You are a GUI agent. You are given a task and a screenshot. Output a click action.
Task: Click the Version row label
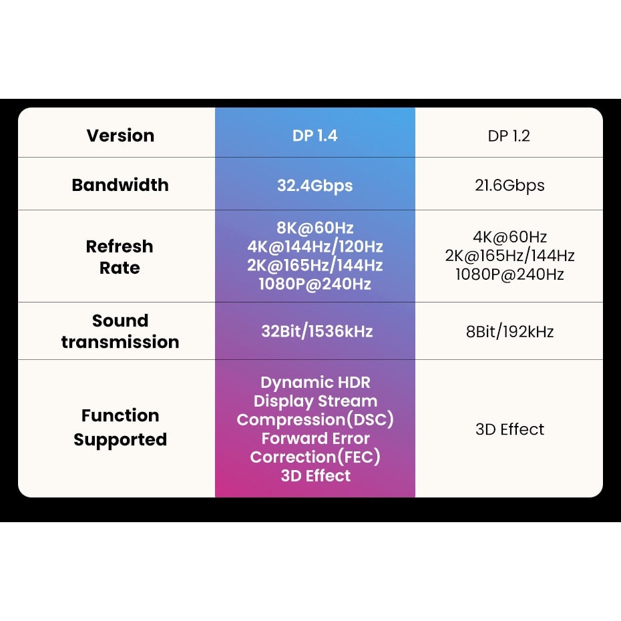point(120,136)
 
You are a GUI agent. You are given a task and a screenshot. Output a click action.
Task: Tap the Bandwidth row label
point(120,185)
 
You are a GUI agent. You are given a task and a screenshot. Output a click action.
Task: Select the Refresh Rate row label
point(120,257)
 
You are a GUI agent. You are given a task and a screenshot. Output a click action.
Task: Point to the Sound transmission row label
point(120,331)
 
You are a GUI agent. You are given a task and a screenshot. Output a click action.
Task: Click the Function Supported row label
point(120,427)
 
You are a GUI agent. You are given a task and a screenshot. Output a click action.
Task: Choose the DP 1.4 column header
point(315,136)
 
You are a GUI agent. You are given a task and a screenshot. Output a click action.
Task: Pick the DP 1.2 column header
point(509,136)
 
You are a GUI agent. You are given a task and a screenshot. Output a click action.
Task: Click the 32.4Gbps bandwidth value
point(315,186)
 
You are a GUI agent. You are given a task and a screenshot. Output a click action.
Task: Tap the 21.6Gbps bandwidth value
point(509,186)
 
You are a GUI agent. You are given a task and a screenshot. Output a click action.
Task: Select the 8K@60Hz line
point(315,227)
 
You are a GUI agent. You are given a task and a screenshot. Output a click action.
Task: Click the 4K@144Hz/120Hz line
point(315,246)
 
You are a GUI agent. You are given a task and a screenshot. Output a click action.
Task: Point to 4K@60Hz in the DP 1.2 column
point(509,237)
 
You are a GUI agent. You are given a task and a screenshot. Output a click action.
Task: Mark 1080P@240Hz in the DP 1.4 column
point(315,284)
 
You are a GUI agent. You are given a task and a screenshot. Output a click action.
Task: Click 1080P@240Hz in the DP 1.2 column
point(509,274)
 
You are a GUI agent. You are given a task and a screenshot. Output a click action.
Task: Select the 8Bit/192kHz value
point(509,332)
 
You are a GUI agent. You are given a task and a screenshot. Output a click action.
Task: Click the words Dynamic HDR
point(315,383)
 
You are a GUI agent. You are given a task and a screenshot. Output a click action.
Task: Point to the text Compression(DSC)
point(315,420)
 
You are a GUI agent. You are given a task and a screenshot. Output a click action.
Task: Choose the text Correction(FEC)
point(315,457)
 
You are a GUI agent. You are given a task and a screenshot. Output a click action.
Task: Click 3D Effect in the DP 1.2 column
point(509,429)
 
